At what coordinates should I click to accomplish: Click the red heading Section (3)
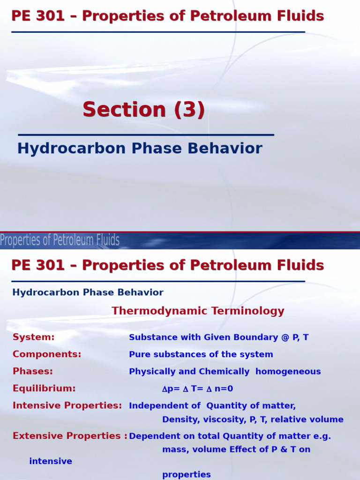pyautogui.click(x=143, y=110)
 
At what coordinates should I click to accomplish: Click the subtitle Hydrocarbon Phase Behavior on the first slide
pyautogui.click(x=140, y=149)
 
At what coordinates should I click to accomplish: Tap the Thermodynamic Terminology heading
pyautogui.click(x=198, y=311)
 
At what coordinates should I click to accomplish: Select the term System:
pyautogui.click(x=34, y=337)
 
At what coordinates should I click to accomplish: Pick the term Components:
pyautogui.click(x=47, y=354)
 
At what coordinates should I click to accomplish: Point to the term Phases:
pyautogui.click(x=33, y=371)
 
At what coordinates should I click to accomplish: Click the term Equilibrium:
pyautogui.click(x=44, y=389)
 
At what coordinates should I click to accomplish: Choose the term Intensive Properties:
pyautogui.click(x=67, y=405)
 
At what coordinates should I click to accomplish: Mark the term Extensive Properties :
pyautogui.click(x=70, y=436)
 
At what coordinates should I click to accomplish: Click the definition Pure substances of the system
pyautogui.click(x=201, y=354)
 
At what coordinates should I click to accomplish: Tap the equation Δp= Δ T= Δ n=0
pyautogui.click(x=197, y=389)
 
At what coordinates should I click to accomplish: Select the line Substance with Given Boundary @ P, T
pyautogui.click(x=218, y=337)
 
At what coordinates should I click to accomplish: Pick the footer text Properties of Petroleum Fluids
pyautogui.click(x=60, y=240)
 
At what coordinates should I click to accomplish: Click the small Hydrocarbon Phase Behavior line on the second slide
pyautogui.click(x=88, y=292)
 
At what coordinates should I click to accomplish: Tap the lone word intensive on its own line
pyautogui.click(x=51, y=461)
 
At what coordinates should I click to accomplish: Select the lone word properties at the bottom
pyautogui.click(x=187, y=474)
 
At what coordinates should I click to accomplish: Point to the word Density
pyautogui.click(x=179, y=420)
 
